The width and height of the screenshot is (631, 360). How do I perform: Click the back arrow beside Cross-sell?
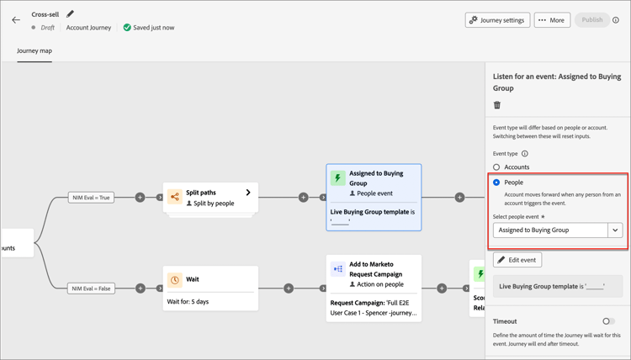click(x=16, y=19)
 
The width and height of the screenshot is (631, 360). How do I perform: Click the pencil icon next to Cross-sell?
click(x=70, y=14)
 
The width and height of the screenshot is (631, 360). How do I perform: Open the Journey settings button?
click(x=497, y=20)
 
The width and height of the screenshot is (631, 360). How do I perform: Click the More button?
click(x=552, y=20)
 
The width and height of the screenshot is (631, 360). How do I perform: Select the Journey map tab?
click(x=34, y=50)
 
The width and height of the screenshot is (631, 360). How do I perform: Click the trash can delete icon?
click(x=497, y=105)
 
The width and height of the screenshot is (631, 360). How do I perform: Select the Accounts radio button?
click(x=496, y=167)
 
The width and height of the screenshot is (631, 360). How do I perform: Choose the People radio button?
click(x=496, y=183)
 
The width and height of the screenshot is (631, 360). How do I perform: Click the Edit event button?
click(x=517, y=260)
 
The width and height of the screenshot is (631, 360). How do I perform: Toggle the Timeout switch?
click(x=608, y=321)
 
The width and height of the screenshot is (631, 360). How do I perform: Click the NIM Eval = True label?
click(x=92, y=198)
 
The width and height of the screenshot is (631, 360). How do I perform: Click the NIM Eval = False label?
click(x=92, y=289)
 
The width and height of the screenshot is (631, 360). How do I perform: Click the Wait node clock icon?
click(x=175, y=280)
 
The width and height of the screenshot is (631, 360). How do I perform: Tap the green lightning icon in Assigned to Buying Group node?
click(x=337, y=177)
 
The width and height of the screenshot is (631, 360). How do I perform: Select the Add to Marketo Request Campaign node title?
click(x=375, y=269)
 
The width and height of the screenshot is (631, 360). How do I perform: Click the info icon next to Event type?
click(x=525, y=154)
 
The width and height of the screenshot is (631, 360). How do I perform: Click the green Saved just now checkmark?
click(x=127, y=28)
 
